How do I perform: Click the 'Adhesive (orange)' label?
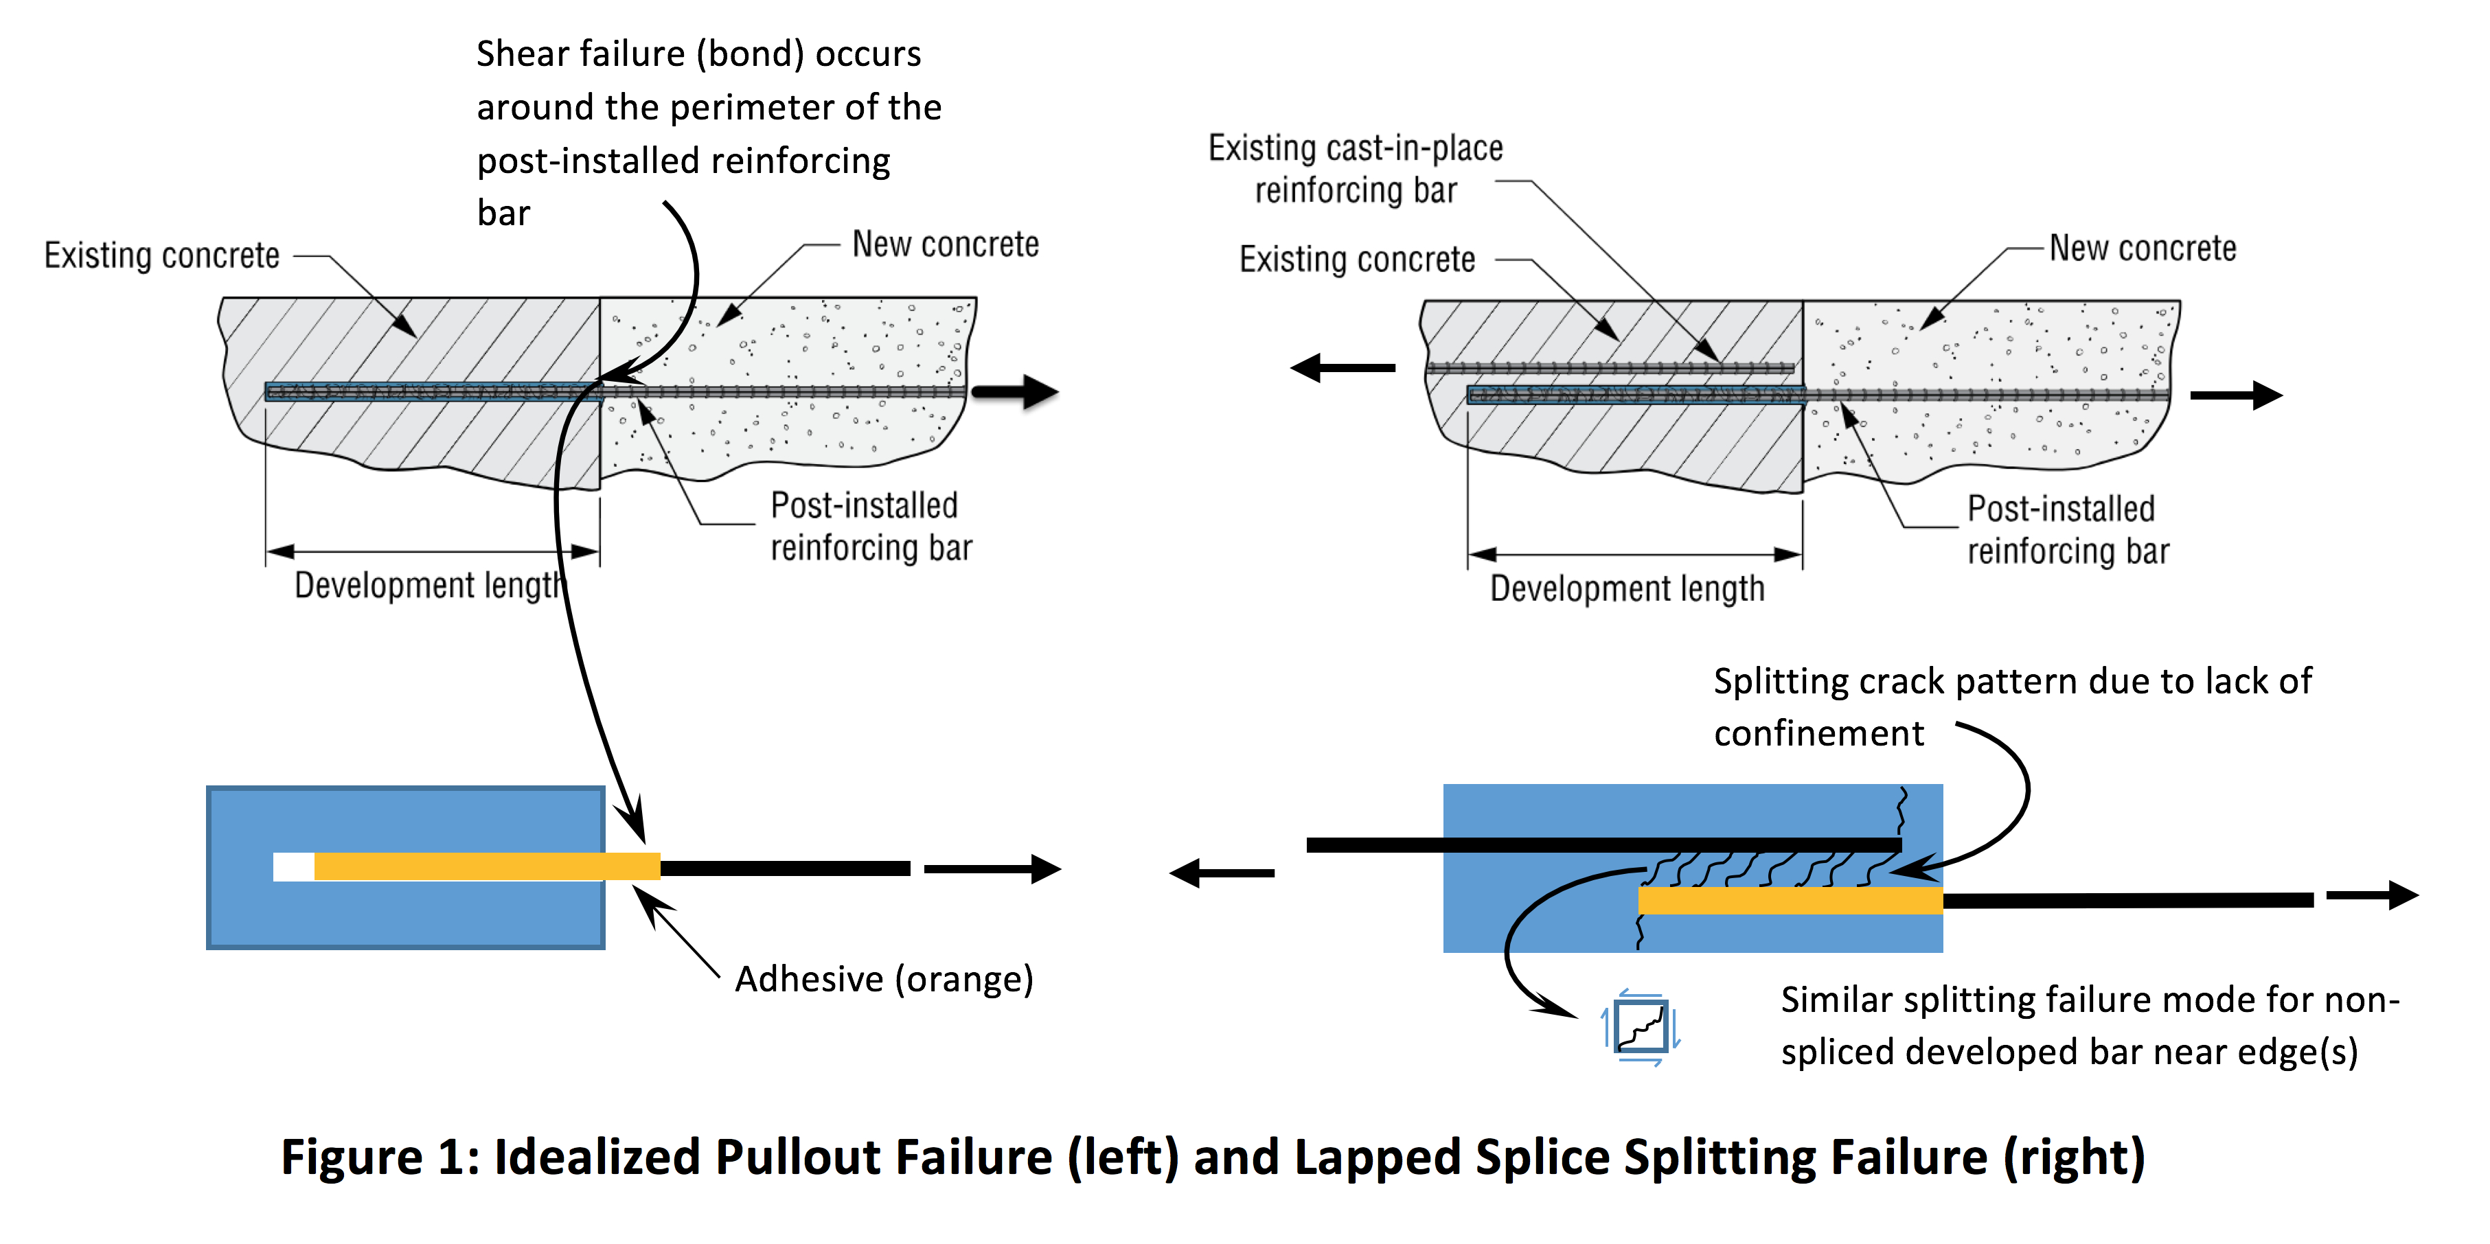pyautogui.click(x=884, y=979)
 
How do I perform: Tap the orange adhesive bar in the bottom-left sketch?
pyautogui.click(x=486, y=866)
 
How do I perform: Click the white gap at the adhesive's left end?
pyautogui.click(x=293, y=866)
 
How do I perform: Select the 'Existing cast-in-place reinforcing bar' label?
pyautogui.click(x=1355, y=169)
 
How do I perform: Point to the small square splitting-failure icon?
pyautogui.click(x=1641, y=1026)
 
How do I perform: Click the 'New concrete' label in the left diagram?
pyautogui.click(x=944, y=244)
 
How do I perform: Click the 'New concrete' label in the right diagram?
pyautogui.click(x=2142, y=249)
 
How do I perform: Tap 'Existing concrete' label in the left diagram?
pyautogui.click(x=161, y=256)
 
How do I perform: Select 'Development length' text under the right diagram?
pyautogui.click(x=1627, y=588)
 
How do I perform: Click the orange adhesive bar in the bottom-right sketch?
pyautogui.click(x=1789, y=900)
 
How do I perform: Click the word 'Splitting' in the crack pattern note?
pyautogui.click(x=1779, y=682)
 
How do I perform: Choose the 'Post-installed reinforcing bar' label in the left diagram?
pyautogui.click(x=870, y=527)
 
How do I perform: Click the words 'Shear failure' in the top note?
pyautogui.click(x=580, y=54)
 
